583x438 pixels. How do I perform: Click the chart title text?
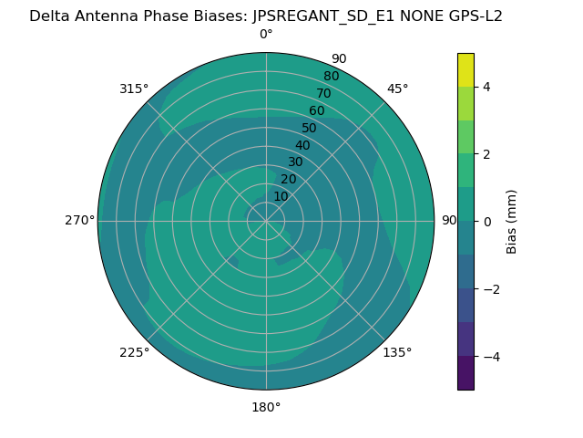pyautogui.click(x=266, y=16)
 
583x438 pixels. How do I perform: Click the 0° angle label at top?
pyautogui.click(x=266, y=35)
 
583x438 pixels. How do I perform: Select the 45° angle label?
pyautogui.click(x=398, y=89)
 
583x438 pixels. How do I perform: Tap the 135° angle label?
pyautogui.click(x=397, y=352)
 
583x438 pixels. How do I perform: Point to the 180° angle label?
pyautogui.click(x=266, y=407)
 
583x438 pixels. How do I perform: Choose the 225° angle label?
pyautogui.click(x=134, y=352)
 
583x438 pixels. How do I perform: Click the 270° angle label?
pyautogui.click(x=79, y=220)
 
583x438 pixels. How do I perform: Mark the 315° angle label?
pyautogui.click(x=134, y=89)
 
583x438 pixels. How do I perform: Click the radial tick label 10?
pyautogui.click(x=281, y=196)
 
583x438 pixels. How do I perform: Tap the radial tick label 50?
pyautogui.click(x=310, y=129)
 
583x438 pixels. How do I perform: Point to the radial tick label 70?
pyautogui.click(x=324, y=93)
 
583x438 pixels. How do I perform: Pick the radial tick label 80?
pyautogui.click(x=332, y=76)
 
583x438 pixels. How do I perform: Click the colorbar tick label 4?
pyautogui.click(x=486, y=87)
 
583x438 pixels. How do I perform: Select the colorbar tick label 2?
pyautogui.click(x=486, y=154)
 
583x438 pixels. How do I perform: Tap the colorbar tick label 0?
pyautogui.click(x=486, y=222)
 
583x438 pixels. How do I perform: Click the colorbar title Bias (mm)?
pyautogui.click(x=512, y=222)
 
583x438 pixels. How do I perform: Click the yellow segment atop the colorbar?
pyautogui.click(x=465, y=69)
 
